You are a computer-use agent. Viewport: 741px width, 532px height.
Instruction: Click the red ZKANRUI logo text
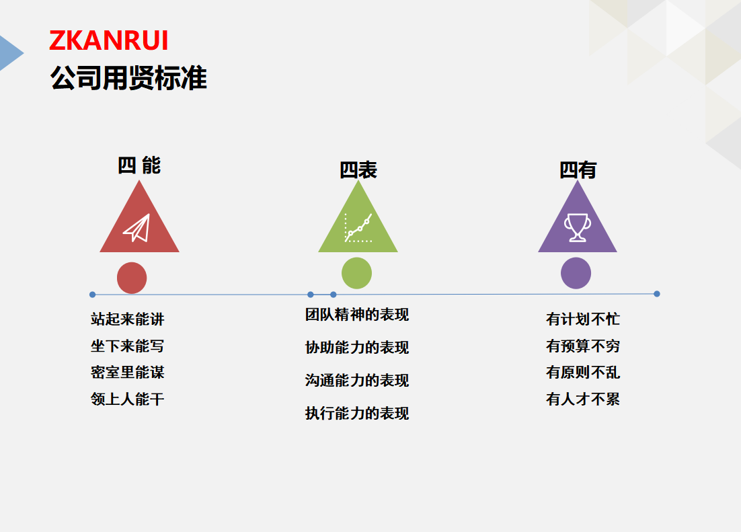tap(109, 40)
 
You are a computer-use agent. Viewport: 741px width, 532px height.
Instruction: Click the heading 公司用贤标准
tap(128, 77)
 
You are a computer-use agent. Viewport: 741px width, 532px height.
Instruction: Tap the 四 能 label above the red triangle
tap(139, 165)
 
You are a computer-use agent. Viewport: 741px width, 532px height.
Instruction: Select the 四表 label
tap(358, 170)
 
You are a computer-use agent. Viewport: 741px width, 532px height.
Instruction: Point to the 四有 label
tap(578, 170)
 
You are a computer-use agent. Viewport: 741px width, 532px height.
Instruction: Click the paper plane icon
tap(136, 228)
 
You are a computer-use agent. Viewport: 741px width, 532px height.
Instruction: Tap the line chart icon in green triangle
tap(358, 228)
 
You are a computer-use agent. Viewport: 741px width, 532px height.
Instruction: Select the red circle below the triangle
tap(132, 278)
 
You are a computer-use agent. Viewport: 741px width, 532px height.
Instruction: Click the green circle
tap(357, 273)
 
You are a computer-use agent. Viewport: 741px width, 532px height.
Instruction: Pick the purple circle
tap(576, 273)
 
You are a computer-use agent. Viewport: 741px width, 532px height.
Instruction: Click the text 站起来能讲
tap(128, 319)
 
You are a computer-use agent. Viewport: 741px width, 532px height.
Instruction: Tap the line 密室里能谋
tap(128, 373)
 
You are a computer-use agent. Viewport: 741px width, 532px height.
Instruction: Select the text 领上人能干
tap(128, 399)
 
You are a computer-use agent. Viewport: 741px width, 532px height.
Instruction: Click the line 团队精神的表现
tap(357, 315)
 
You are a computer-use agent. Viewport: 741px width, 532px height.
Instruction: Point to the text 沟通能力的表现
tap(357, 380)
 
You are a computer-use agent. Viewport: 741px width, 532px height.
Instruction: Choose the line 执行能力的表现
tap(357, 414)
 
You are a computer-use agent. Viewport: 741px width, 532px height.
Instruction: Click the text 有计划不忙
tap(583, 319)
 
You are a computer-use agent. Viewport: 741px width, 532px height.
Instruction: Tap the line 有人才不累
tap(583, 399)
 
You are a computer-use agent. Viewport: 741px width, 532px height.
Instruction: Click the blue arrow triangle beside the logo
tap(9, 53)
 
